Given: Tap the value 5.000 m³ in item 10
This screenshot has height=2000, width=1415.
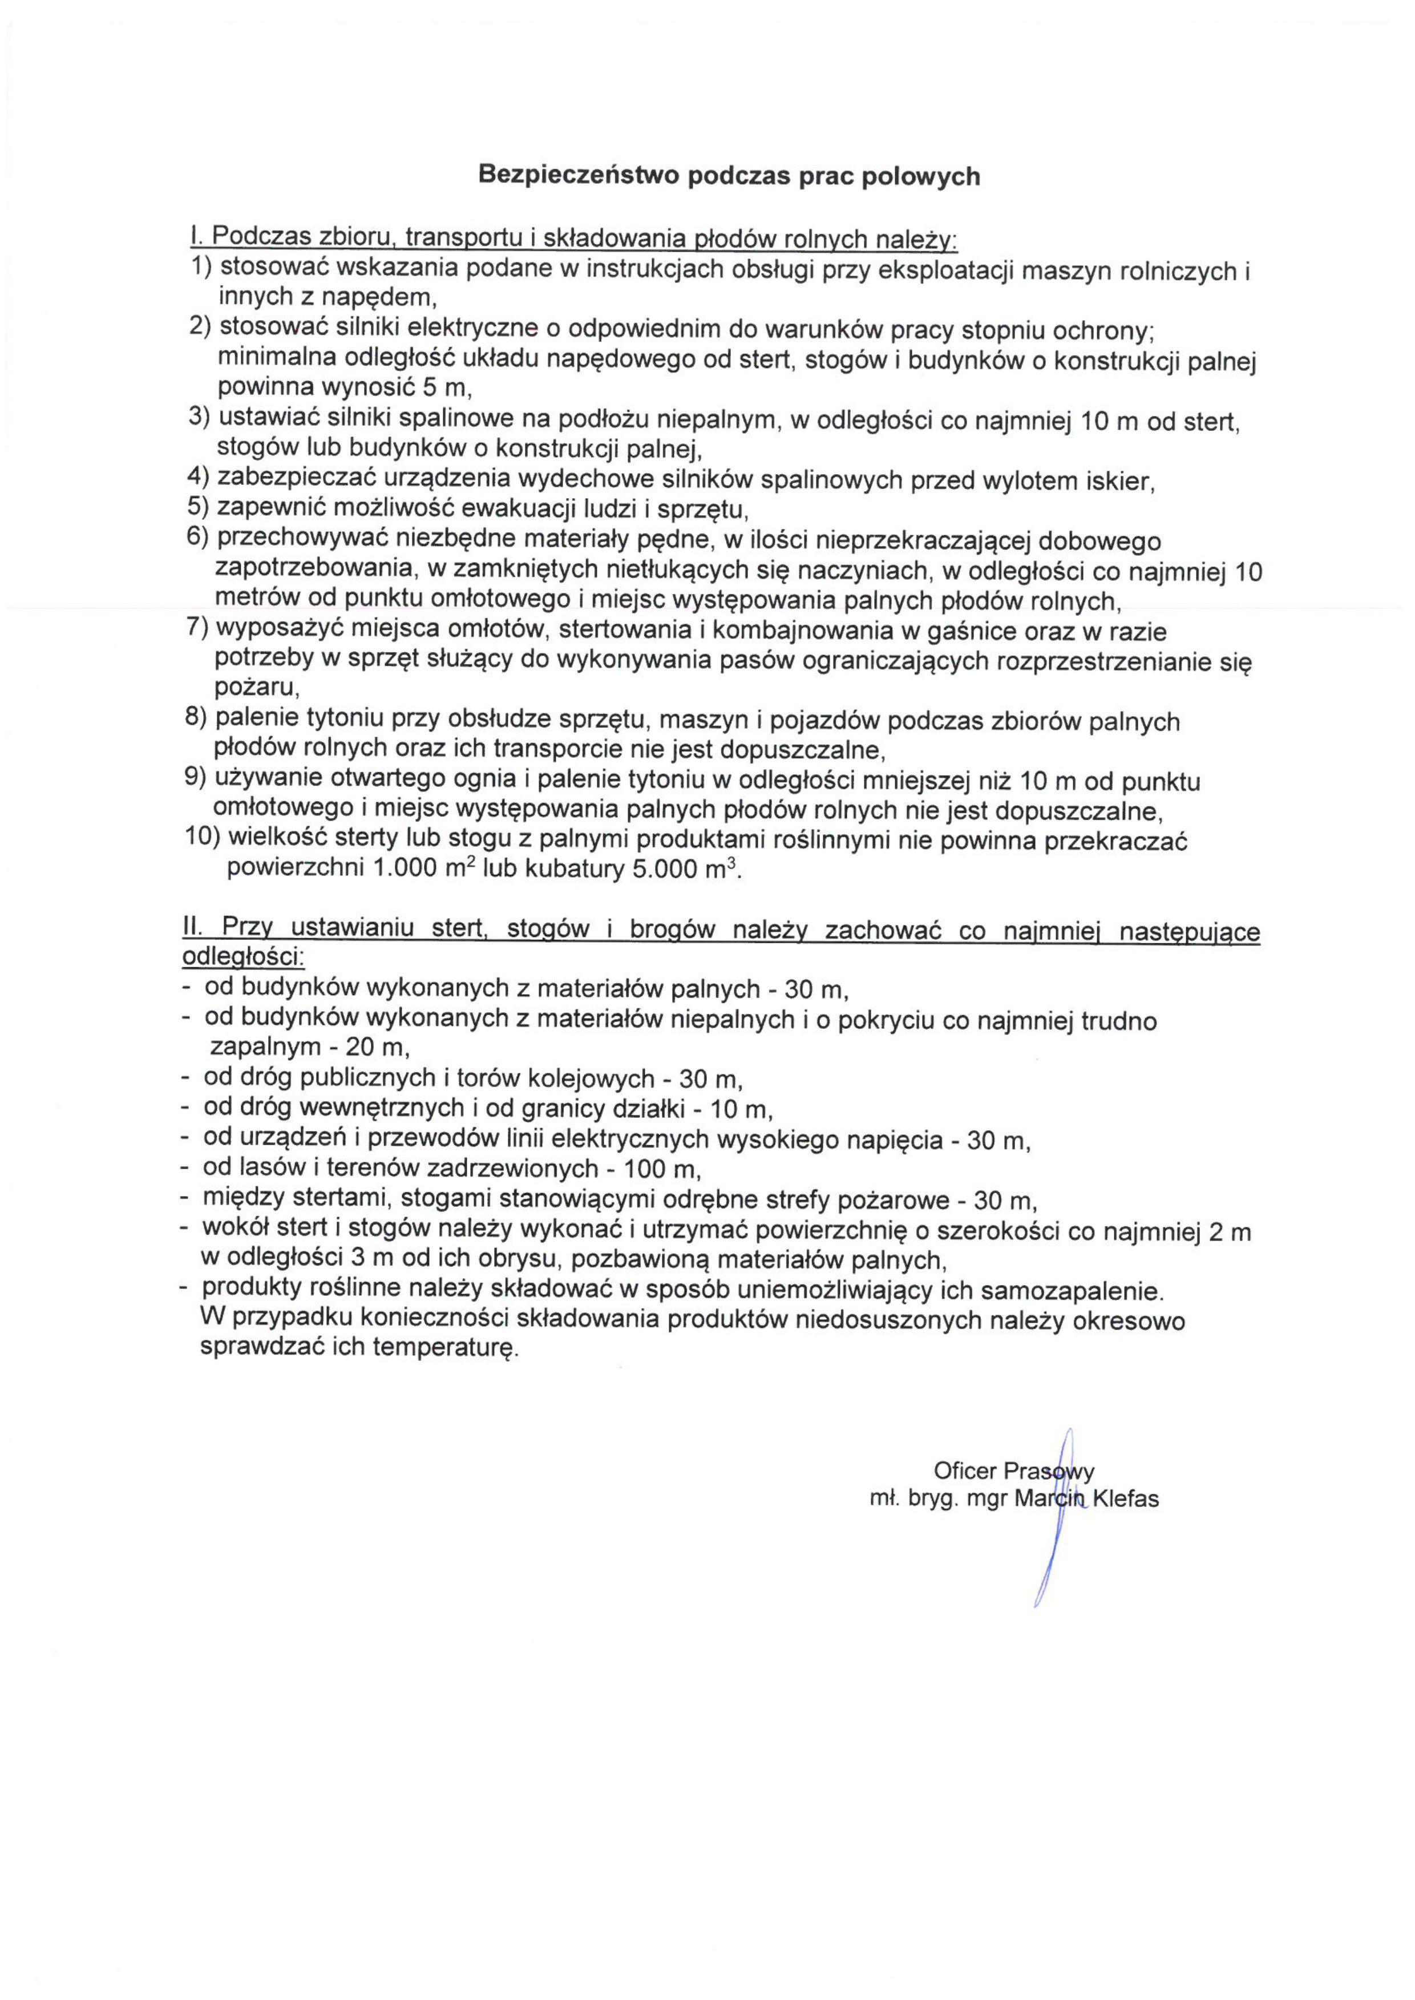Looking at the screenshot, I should pyautogui.click(x=690, y=870).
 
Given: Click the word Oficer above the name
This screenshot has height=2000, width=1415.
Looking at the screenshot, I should pyautogui.click(x=964, y=1471).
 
